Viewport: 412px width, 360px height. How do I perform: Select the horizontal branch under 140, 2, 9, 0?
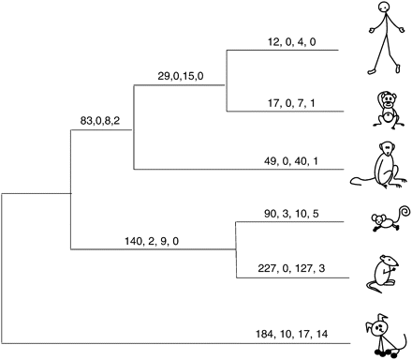pyautogui.click(x=150, y=250)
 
